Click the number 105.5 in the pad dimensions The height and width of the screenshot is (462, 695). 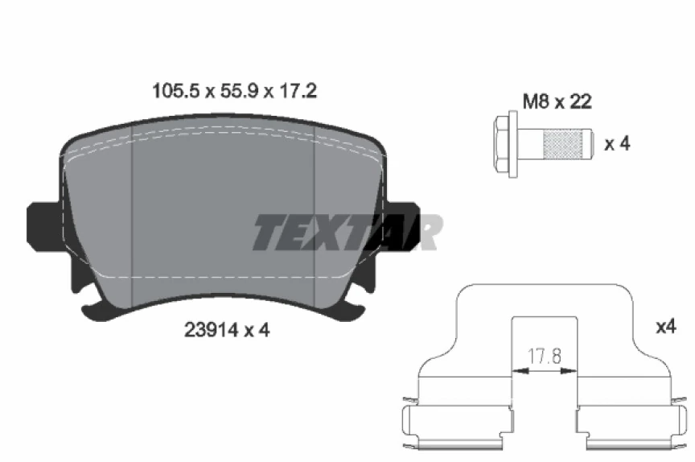[x=175, y=92]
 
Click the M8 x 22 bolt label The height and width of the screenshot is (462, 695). [x=557, y=101]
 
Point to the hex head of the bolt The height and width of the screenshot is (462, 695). [x=504, y=144]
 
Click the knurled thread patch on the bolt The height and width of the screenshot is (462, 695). [x=561, y=144]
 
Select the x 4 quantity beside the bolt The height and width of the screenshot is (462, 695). [x=617, y=144]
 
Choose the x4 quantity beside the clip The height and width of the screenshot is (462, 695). [x=667, y=327]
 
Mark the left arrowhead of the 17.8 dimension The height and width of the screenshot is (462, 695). [x=518, y=371]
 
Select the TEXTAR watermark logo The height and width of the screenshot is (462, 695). [x=346, y=233]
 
